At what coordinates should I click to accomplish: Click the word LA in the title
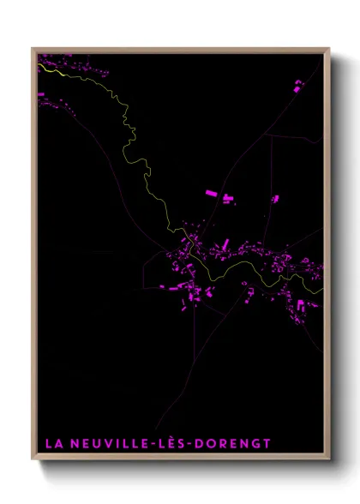[x=51, y=443]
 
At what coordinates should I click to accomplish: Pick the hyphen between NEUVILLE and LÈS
[x=154, y=444]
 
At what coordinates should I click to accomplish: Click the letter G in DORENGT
[x=255, y=443]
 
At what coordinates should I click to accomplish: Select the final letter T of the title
[x=267, y=443]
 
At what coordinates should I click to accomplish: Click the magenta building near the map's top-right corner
[x=298, y=86]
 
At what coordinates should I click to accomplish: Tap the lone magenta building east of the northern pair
[x=274, y=199]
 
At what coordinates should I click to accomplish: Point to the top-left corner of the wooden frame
[x=33, y=49]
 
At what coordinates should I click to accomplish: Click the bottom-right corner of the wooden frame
[x=328, y=458]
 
